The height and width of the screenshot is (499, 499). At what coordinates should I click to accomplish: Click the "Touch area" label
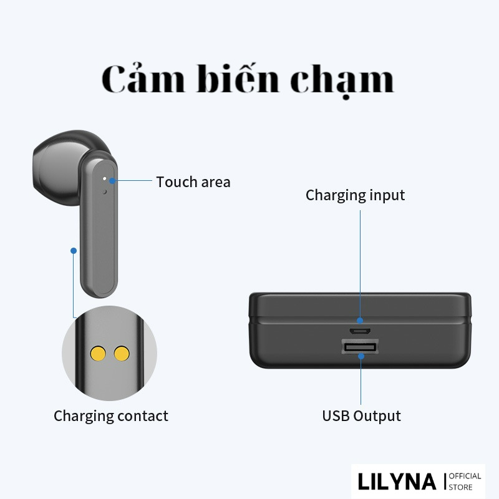click(x=193, y=182)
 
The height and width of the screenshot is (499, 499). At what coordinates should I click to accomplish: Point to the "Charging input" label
click(x=355, y=195)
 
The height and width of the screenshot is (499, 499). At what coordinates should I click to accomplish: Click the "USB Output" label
click(x=361, y=415)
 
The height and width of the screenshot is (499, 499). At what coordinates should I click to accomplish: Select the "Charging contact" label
click(x=111, y=415)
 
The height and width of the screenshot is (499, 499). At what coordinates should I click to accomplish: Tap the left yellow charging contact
click(x=98, y=354)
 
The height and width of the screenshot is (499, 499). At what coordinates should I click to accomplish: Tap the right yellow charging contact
click(x=122, y=354)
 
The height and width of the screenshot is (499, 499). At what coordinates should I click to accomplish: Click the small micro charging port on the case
click(x=361, y=331)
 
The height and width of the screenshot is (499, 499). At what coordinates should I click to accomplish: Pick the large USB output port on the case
click(x=360, y=347)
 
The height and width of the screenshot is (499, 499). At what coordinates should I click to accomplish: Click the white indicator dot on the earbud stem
click(x=105, y=178)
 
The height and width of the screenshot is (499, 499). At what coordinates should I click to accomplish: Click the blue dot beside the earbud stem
click(x=74, y=251)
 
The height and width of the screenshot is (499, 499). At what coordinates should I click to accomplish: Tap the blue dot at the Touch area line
click(x=113, y=182)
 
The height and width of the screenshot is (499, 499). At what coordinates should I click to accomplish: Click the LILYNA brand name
click(x=397, y=482)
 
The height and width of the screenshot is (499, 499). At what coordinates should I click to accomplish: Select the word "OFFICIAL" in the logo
click(x=465, y=476)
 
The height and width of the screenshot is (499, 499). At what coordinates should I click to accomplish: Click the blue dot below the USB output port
click(x=361, y=356)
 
